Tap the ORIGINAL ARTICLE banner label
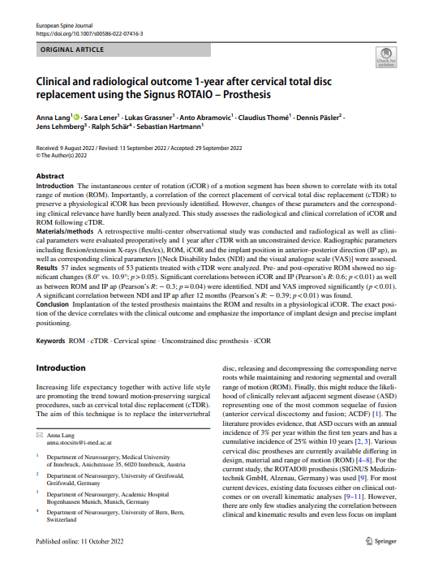pos(70,50)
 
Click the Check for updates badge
pos(385,56)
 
